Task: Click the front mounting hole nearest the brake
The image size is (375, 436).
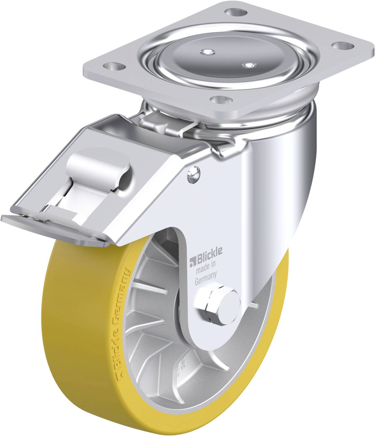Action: click(x=221, y=100)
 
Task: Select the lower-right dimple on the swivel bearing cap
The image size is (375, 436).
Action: click(x=248, y=65)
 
